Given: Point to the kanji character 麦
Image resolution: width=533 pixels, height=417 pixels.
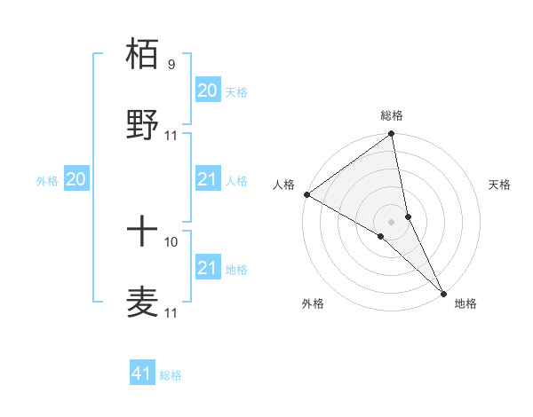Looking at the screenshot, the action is click(x=143, y=301).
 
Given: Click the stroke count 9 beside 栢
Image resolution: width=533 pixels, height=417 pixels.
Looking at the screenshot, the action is click(x=171, y=65).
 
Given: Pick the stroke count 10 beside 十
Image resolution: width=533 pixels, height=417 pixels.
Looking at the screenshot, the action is click(x=171, y=241).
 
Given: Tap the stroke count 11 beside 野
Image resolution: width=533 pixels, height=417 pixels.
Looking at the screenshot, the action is click(x=171, y=135).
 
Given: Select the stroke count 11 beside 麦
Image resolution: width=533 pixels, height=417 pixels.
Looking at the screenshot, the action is click(x=171, y=312).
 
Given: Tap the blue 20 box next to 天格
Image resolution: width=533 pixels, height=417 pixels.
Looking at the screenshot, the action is click(x=207, y=90).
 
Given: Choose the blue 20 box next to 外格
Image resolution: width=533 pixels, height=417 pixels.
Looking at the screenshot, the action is click(x=76, y=180).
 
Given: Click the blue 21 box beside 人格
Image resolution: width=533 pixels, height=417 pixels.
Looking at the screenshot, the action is click(x=207, y=180).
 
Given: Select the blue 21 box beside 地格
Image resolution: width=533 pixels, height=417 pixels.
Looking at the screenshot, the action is click(x=207, y=268).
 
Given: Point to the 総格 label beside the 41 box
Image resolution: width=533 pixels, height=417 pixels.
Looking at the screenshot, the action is click(x=171, y=375).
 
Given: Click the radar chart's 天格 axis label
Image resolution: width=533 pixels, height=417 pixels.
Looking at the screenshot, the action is click(x=499, y=185).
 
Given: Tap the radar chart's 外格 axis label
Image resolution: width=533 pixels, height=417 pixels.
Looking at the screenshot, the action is click(x=313, y=303).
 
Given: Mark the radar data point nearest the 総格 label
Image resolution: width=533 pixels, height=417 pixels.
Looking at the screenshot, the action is click(x=392, y=134).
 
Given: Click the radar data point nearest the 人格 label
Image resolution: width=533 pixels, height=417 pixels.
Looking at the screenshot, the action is click(x=307, y=194).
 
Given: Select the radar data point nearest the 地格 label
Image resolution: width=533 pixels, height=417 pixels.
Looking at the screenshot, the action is click(x=443, y=292).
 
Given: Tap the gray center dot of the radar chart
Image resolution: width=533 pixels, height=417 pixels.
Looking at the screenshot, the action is click(x=392, y=221).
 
